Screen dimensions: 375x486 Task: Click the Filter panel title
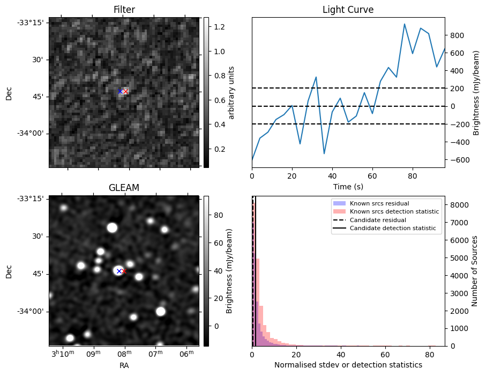click(124, 10)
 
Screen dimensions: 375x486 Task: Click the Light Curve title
click(348, 10)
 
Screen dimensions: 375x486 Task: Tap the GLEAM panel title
click(124, 188)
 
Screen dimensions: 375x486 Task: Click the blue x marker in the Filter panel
click(120, 91)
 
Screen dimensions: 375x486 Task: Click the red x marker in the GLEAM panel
click(124, 271)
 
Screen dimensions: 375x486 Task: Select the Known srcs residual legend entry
click(379, 203)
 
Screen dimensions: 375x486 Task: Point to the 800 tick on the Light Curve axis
click(456, 35)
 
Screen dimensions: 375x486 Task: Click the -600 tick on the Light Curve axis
click(456, 160)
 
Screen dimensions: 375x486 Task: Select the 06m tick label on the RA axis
click(186, 355)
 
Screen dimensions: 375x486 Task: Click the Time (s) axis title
click(348, 187)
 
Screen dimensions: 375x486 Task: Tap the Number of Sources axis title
click(474, 271)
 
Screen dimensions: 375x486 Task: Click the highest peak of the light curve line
click(405, 24)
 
